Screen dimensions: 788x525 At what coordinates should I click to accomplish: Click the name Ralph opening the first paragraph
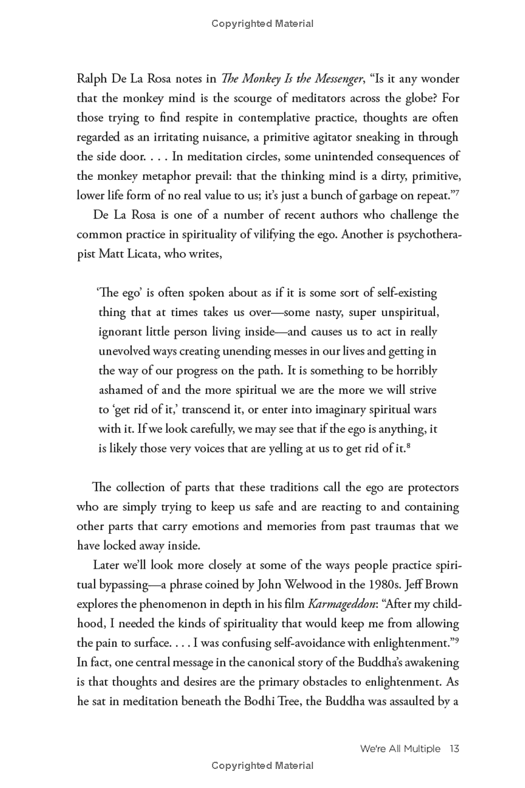pos(92,79)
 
